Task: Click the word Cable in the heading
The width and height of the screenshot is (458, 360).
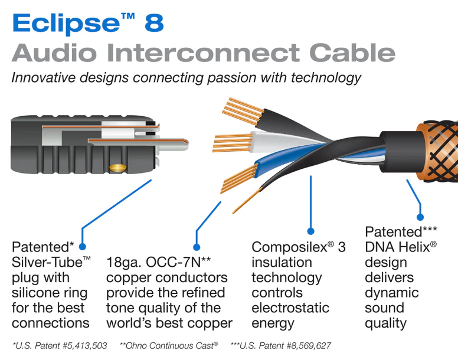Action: tap(348, 53)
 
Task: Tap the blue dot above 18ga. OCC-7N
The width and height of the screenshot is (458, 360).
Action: tap(197, 247)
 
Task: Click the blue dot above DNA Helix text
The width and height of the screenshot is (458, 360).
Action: tap(420, 216)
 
